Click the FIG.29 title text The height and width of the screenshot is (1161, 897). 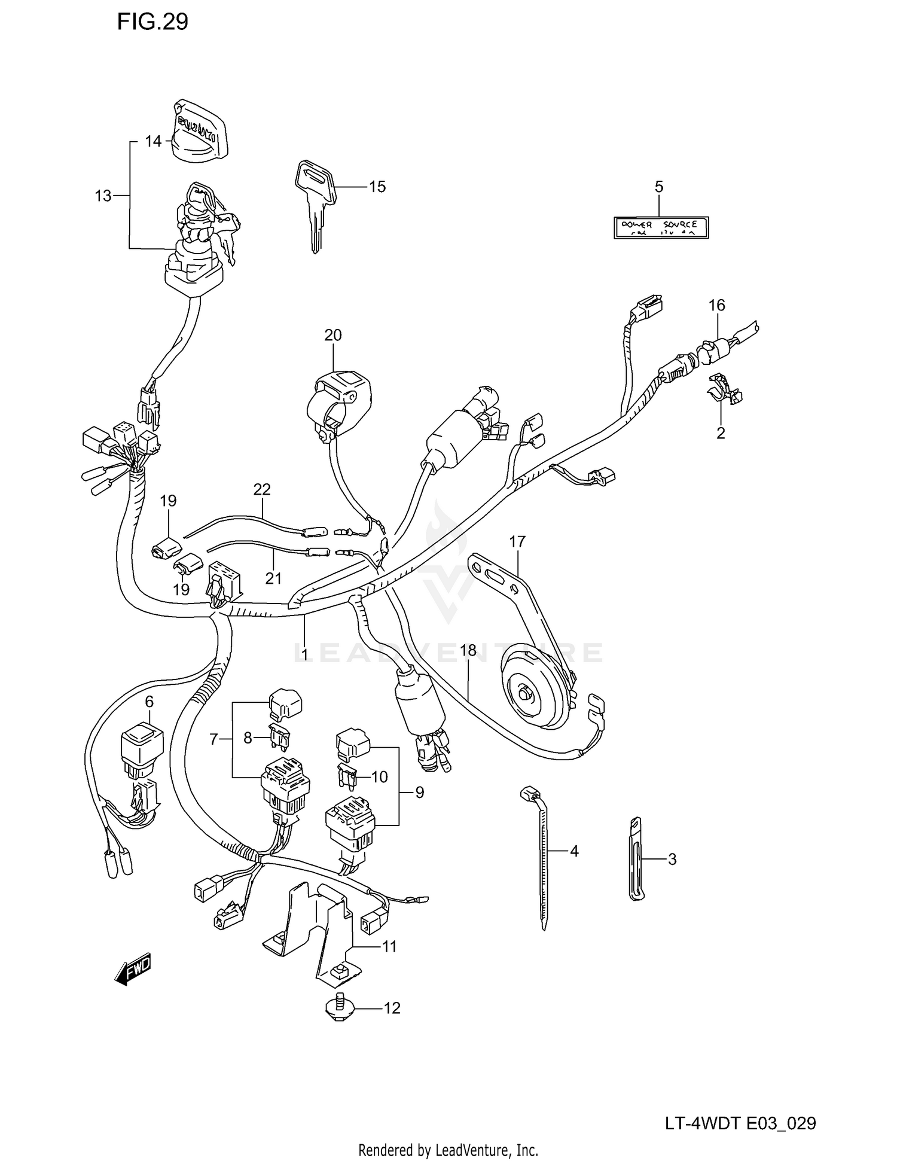click(x=152, y=22)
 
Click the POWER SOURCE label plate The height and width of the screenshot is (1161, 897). click(x=661, y=228)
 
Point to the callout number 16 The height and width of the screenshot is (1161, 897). click(x=716, y=306)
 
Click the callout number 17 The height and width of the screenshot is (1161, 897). click(x=517, y=542)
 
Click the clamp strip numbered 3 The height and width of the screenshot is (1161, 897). click(x=637, y=860)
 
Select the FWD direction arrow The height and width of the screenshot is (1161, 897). click(x=133, y=968)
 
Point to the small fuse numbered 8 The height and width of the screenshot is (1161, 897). click(x=279, y=737)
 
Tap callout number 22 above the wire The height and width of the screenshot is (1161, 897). click(x=262, y=489)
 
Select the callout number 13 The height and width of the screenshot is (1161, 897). click(x=103, y=196)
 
